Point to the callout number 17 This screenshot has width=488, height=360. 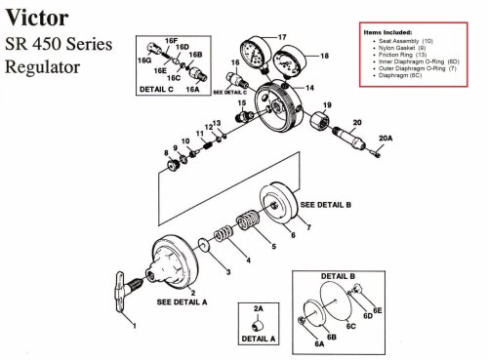point(283,37)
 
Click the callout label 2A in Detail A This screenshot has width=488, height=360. point(259,308)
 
